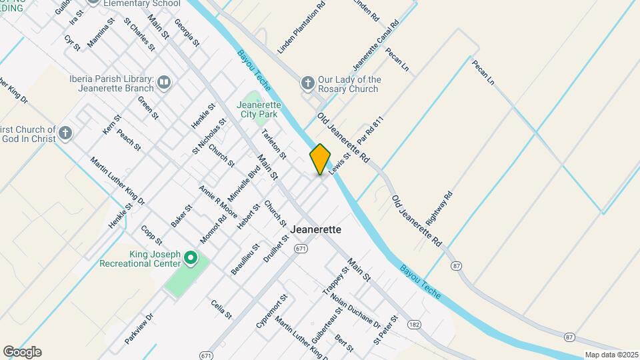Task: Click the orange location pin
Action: (320, 159)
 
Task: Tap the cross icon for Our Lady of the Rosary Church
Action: (307, 83)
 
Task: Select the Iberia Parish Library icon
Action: (164, 83)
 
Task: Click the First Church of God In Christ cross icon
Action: (65, 132)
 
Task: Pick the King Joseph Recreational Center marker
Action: (190, 257)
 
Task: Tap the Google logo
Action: (22, 352)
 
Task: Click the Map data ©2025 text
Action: (611, 355)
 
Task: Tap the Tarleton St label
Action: (273, 143)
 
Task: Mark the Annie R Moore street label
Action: (218, 201)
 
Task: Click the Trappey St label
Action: (335, 281)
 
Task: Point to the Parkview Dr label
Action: (139, 329)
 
